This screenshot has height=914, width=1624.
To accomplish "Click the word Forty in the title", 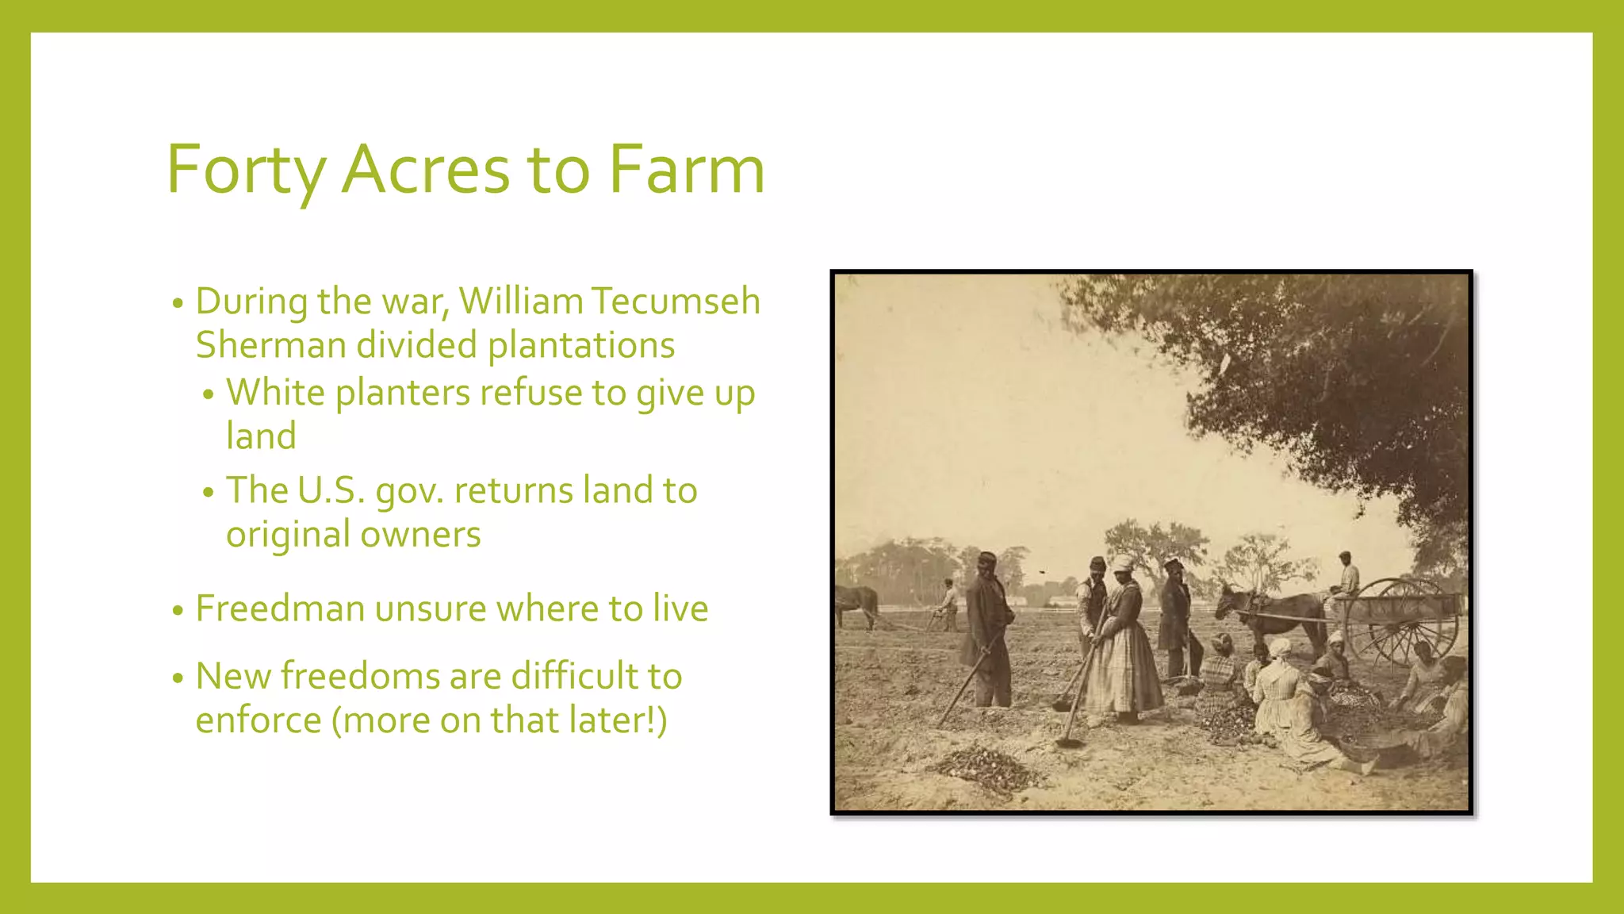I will (x=246, y=170).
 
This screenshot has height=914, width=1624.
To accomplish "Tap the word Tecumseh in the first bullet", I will (x=676, y=301).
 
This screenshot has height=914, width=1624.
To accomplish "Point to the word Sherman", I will (x=270, y=345).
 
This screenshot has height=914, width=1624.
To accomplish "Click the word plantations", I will (x=580, y=346).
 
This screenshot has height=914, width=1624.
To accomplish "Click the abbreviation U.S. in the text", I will (x=331, y=490).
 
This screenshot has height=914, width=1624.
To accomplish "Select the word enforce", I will (x=258, y=720).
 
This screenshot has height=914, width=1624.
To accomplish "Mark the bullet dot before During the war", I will (x=178, y=303).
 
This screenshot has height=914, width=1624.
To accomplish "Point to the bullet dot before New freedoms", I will (x=178, y=678).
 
